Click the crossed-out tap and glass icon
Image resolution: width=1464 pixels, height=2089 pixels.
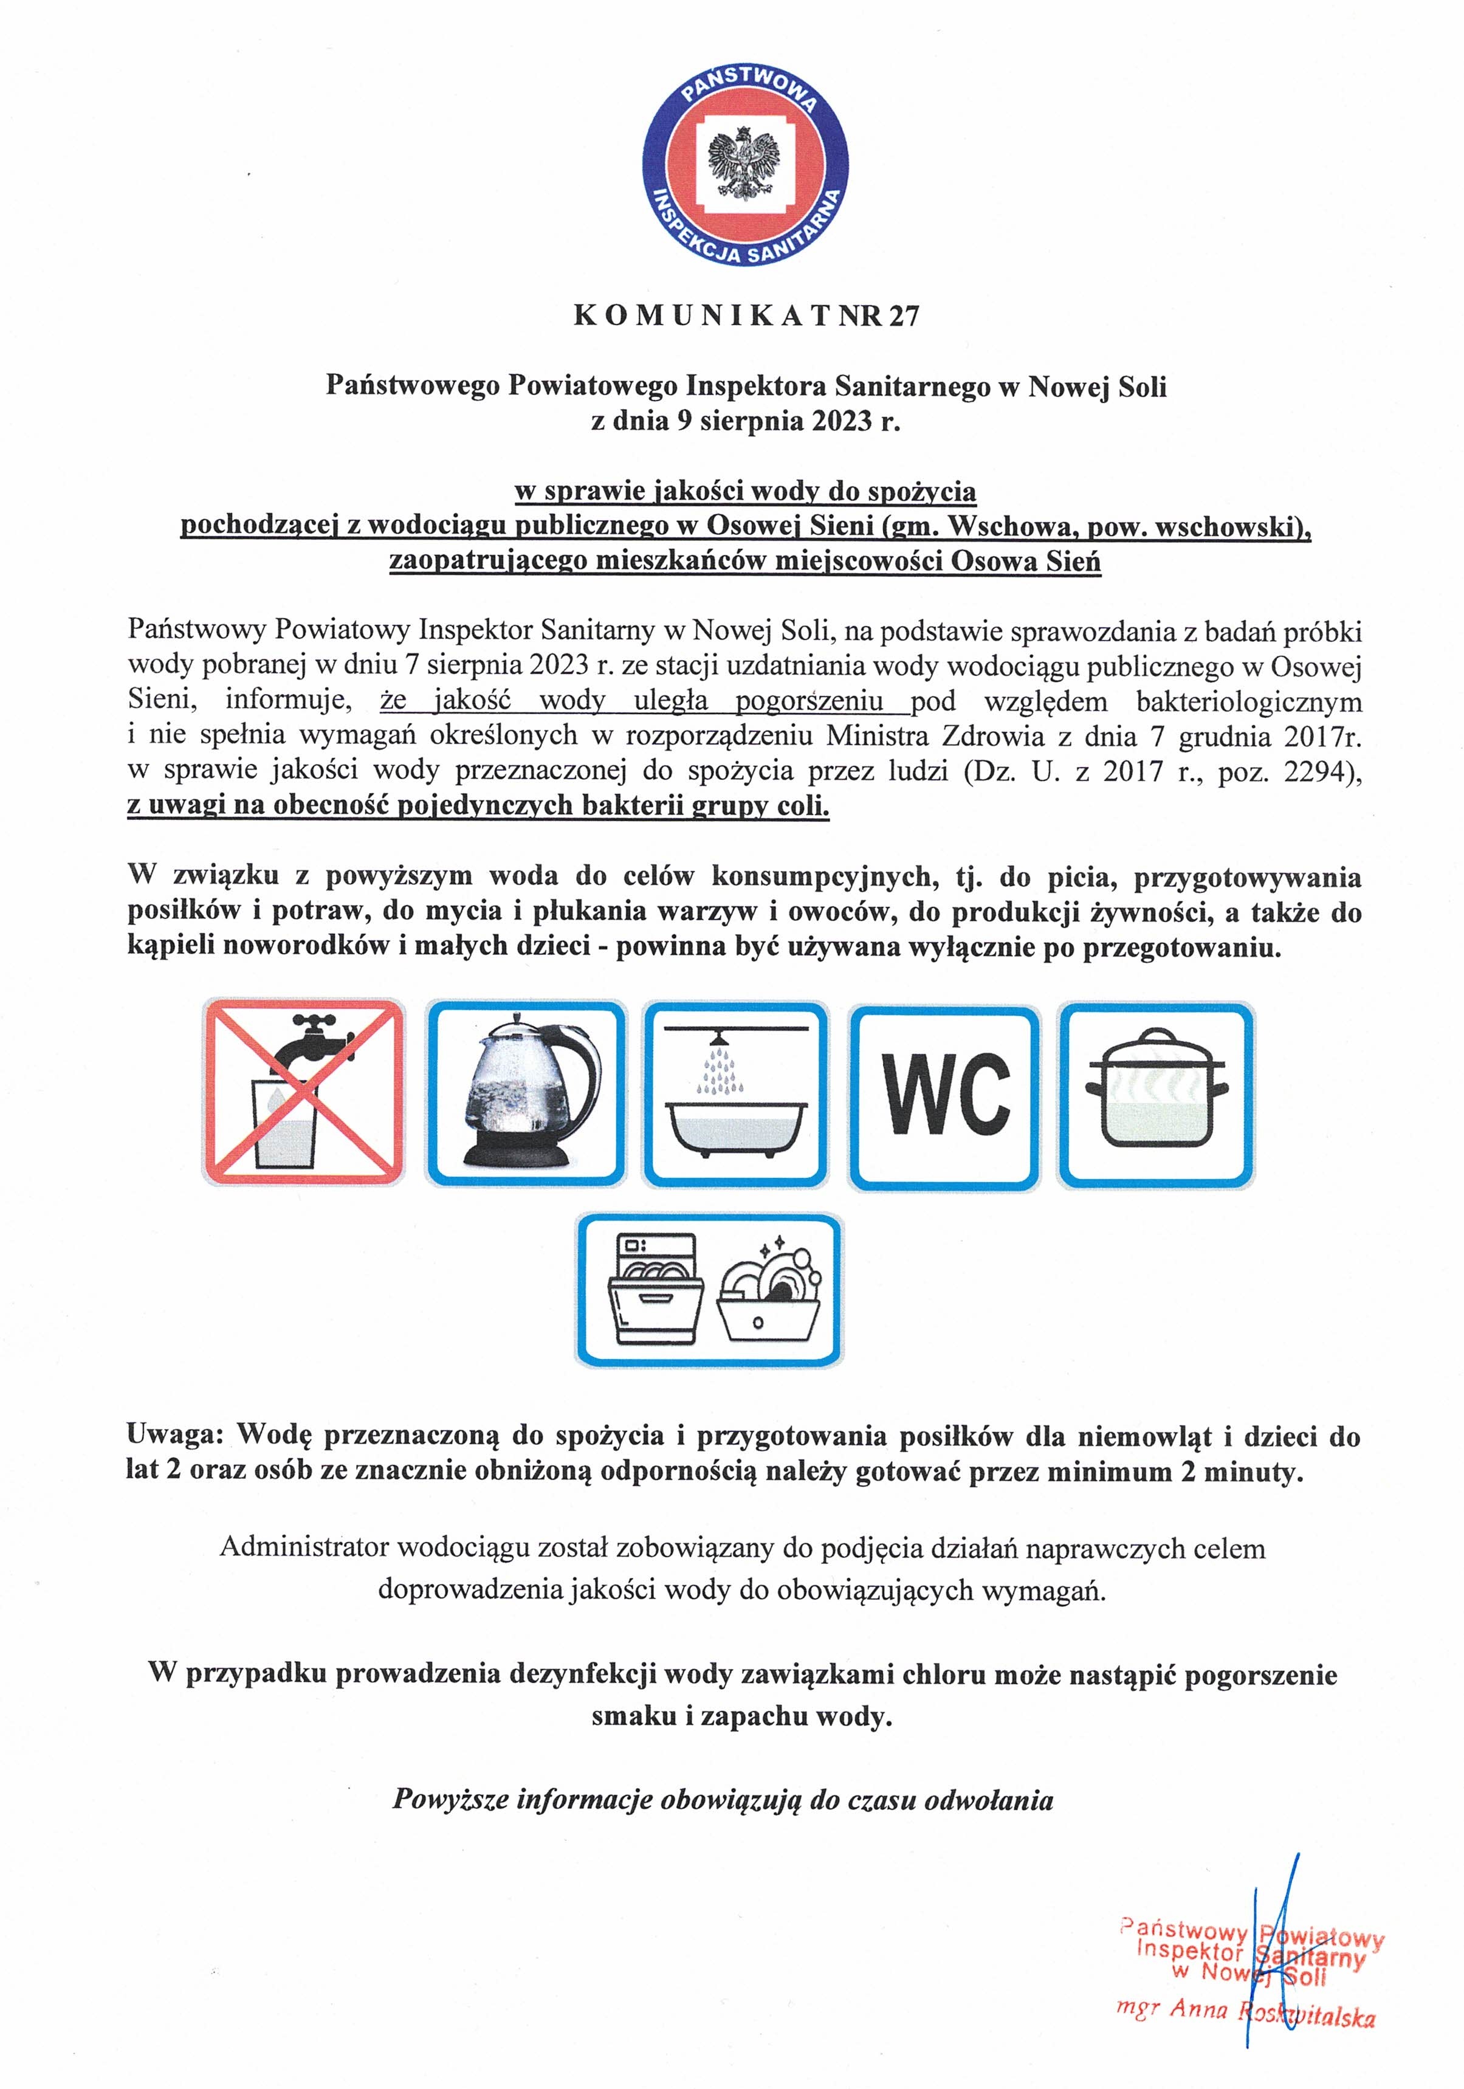(x=303, y=1092)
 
